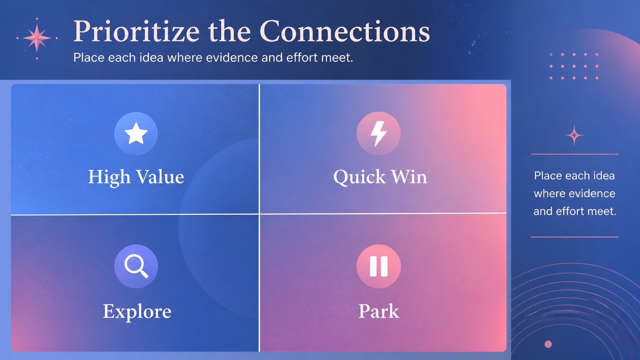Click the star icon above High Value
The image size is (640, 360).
(x=136, y=133)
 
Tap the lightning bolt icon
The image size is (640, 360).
(x=379, y=133)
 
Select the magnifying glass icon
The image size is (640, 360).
(x=136, y=266)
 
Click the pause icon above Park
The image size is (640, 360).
(x=379, y=266)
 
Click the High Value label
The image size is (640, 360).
(x=136, y=177)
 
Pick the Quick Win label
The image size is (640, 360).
(x=380, y=177)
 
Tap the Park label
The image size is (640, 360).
(x=379, y=311)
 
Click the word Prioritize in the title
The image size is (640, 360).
(x=136, y=31)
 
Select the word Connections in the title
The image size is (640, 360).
(x=344, y=31)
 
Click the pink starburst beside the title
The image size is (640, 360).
(x=37, y=38)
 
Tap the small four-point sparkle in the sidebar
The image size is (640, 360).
(x=574, y=135)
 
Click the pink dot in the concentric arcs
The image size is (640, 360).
(x=548, y=344)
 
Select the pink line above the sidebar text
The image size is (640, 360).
(x=575, y=154)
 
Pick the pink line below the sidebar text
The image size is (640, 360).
(x=575, y=237)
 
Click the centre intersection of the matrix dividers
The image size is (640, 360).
(x=259, y=214)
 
